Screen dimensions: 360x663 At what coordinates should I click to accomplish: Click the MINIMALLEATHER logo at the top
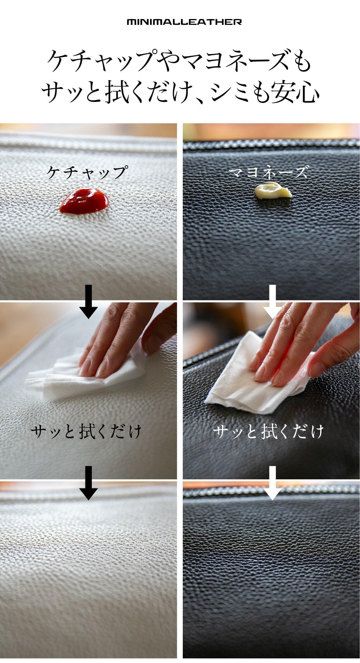point(184,22)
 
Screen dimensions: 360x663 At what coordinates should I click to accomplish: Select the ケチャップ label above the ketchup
point(87,172)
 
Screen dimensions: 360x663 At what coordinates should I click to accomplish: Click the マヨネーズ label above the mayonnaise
point(268,172)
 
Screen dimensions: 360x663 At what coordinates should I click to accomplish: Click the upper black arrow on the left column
point(88,302)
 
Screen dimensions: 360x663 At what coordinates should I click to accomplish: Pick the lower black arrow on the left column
point(88,483)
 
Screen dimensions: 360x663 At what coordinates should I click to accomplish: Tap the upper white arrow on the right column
point(272,302)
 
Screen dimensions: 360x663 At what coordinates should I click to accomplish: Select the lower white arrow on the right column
point(272,483)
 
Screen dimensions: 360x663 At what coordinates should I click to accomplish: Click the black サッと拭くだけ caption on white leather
point(86,432)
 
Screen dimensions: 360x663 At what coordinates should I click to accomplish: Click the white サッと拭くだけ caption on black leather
point(268,432)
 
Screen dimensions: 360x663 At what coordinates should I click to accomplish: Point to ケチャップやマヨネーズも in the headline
point(179,62)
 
